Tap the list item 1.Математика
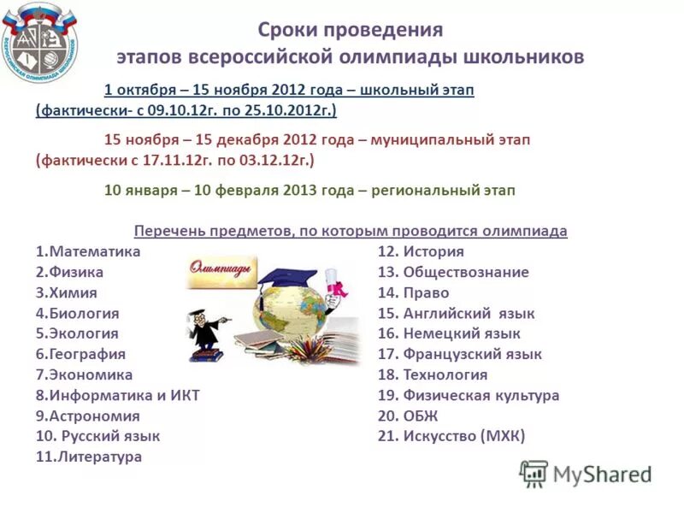(88, 252)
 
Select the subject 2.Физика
(70, 273)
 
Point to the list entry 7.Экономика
(84, 375)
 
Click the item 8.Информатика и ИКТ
(117, 396)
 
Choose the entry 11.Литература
(88, 457)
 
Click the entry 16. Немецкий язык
(449, 334)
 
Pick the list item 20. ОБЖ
(408, 416)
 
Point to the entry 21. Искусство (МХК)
(451, 437)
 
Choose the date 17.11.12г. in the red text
(190, 160)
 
